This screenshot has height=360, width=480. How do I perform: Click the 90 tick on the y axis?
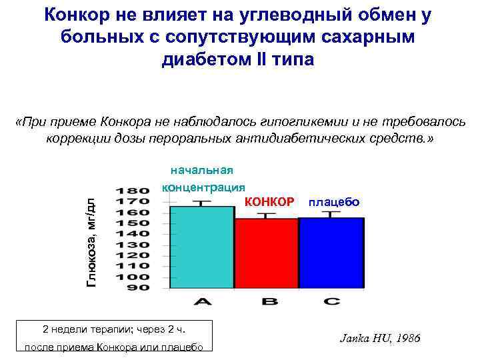click(137, 288)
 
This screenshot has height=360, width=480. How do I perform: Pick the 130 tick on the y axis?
click(133, 245)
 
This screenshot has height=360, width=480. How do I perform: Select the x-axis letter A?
click(203, 301)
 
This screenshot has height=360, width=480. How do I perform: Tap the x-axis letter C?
click(331, 301)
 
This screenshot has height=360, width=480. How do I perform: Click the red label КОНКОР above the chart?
click(269, 201)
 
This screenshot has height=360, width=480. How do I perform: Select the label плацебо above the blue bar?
click(333, 201)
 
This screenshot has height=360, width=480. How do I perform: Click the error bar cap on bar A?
click(203, 200)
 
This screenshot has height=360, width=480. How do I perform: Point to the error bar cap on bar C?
click(331, 213)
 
